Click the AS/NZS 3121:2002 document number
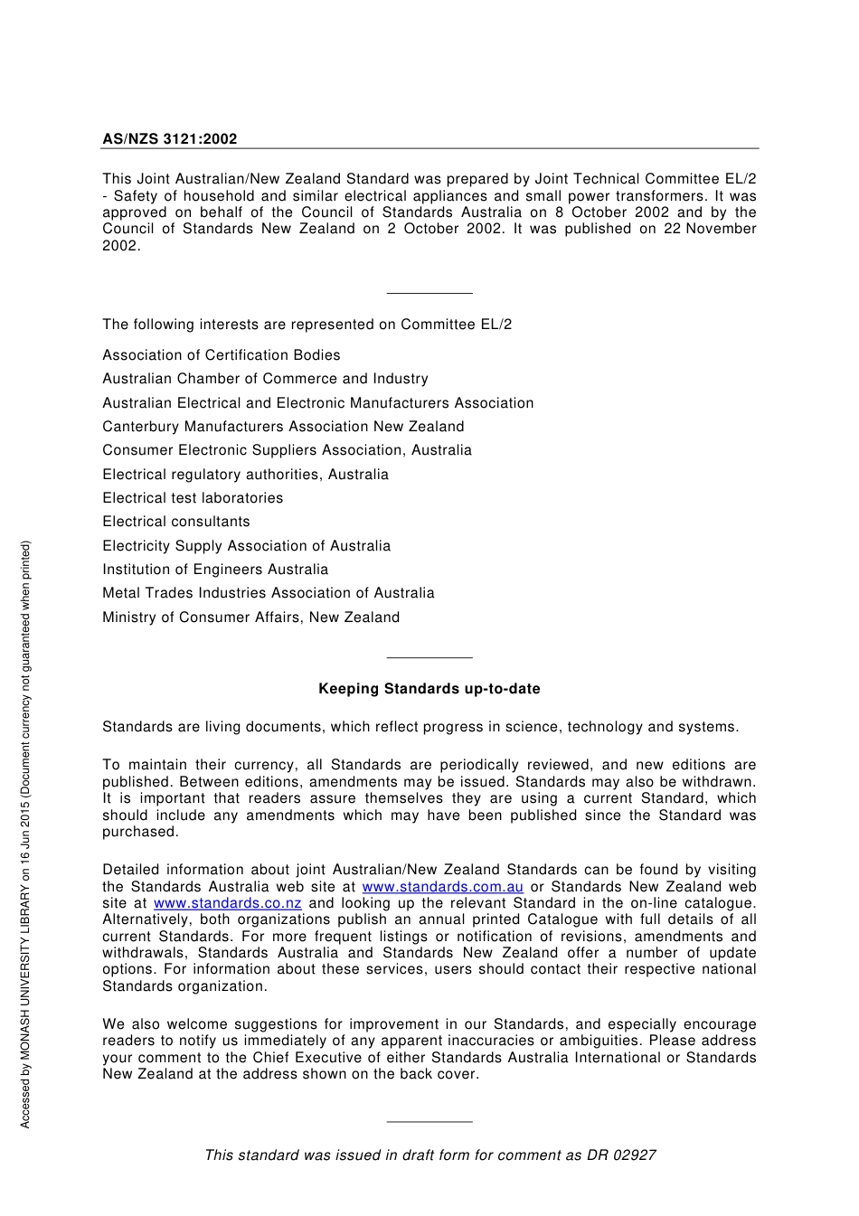point(169,139)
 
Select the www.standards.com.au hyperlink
point(442,887)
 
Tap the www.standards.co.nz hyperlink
point(227,903)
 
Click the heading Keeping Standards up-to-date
point(429,689)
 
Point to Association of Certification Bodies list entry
point(221,355)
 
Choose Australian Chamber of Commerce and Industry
point(265,379)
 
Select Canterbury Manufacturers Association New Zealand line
point(283,427)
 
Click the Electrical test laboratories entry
point(193,498)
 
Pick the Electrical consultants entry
point(176,522)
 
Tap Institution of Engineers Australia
point(215,570)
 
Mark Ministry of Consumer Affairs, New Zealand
point(250,617)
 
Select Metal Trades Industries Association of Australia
point(268,593)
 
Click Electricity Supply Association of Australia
point(246,546)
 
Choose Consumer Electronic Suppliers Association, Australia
point(287,450)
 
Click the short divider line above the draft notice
point(429,1122)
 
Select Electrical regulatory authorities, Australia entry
point(245,475)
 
